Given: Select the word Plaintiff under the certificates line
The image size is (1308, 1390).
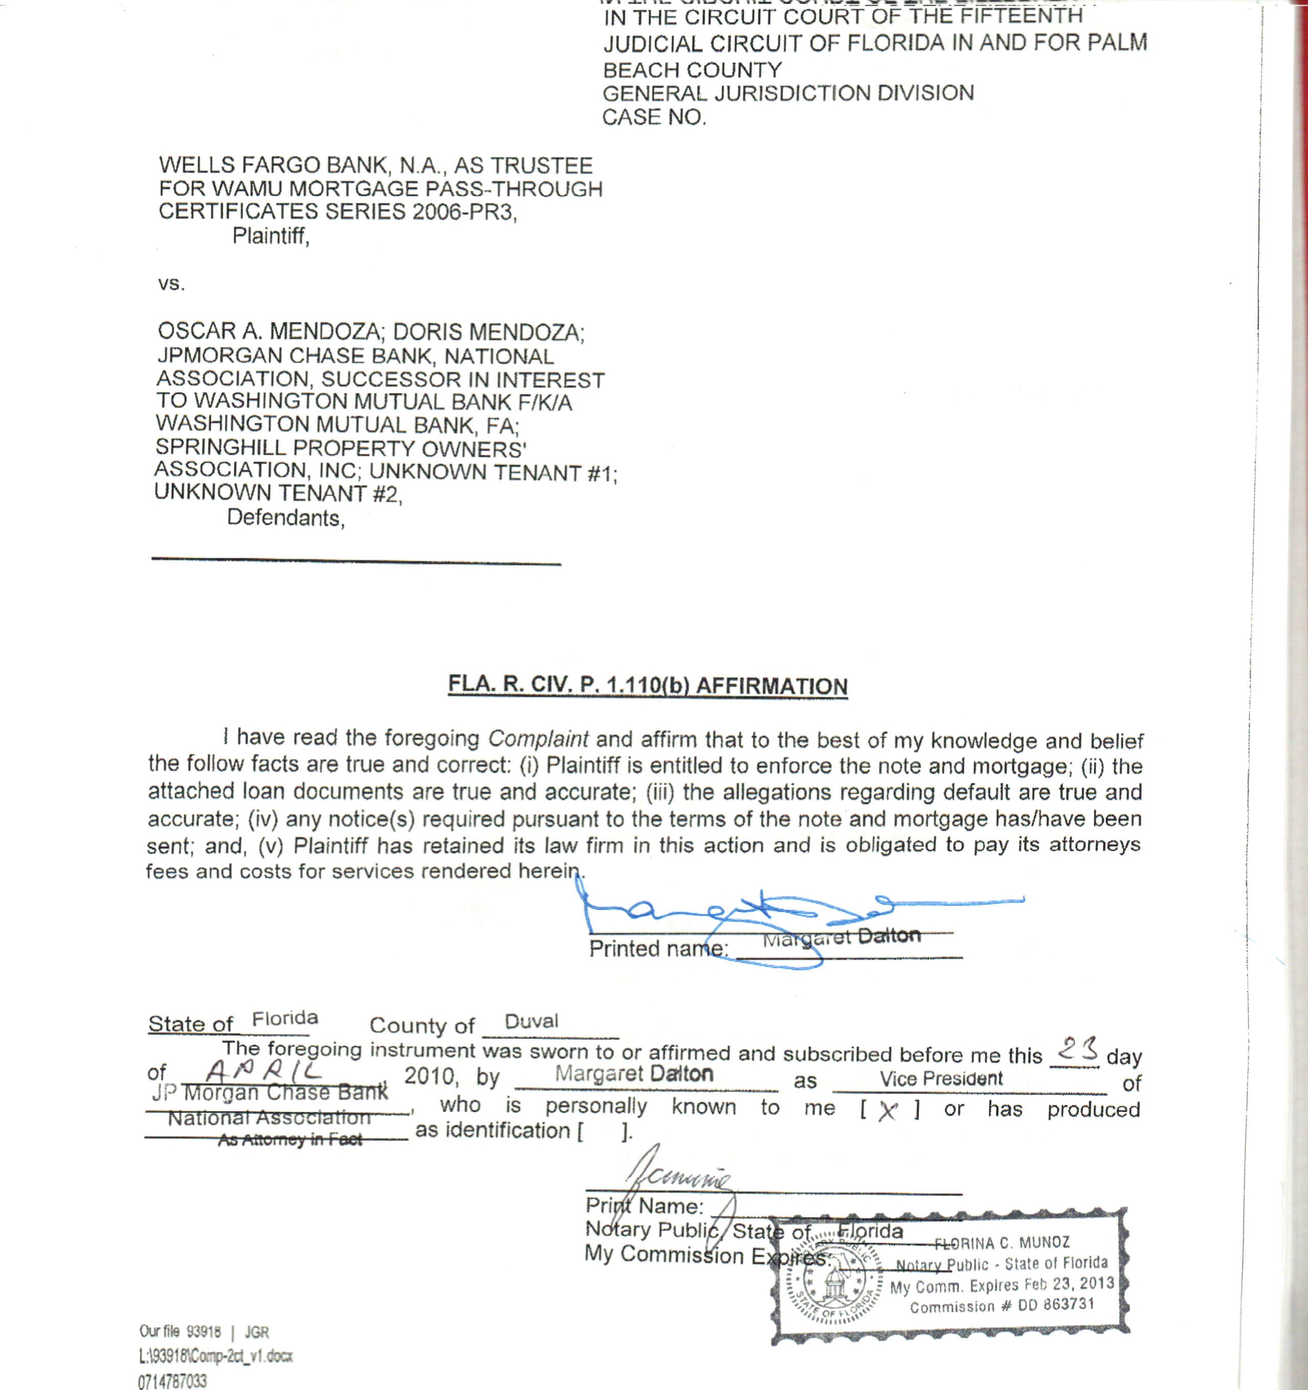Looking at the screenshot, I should click(270, 236).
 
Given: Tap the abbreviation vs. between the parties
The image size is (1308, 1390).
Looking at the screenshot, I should click(171, 284).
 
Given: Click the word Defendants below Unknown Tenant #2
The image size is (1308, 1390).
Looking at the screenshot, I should click(285, 518).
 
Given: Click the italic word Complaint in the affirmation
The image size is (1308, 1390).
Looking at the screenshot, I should click(538, 738).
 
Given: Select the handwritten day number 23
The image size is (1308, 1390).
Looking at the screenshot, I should click(1076, 1049).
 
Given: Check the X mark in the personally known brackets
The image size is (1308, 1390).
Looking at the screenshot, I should click(888, 1111).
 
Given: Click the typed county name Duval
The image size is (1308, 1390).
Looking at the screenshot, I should click(531, 1022).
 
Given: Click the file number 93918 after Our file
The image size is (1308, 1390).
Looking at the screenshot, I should click(203, 1331).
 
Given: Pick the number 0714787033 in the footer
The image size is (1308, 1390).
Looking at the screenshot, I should click(172, 1381).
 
